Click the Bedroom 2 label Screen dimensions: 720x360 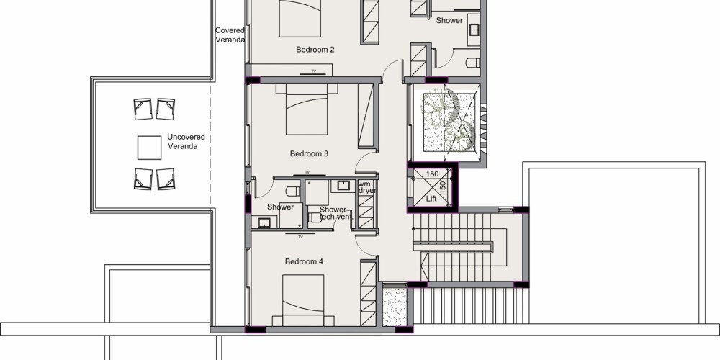point(315,50)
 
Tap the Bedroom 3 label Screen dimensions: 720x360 point(309,154)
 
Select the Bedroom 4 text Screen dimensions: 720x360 point(304,262)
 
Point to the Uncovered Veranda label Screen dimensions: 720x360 point(186,141)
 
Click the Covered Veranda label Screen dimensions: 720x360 point(230,35)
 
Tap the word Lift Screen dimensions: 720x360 point(431,199)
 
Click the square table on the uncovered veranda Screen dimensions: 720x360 point(149,148)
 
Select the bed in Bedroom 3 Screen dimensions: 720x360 point(307,109)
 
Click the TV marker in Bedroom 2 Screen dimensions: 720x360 point(314,72)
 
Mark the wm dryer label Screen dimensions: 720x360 point(367,187)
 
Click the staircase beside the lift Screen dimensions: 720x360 point(469,247)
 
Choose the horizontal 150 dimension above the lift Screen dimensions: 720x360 point(432,174)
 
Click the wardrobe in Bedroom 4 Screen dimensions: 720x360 point(368,293)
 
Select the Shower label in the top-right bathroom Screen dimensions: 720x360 point(449,21)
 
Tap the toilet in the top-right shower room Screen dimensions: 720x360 point(473,63)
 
